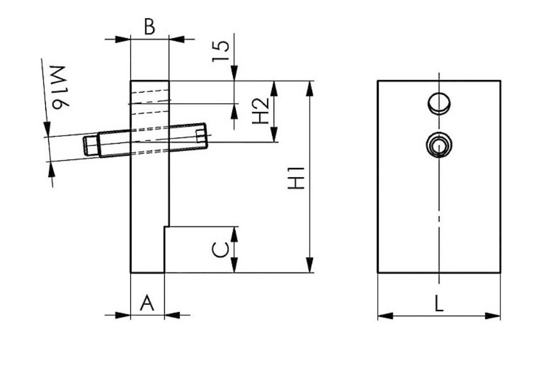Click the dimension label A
pos(147,303)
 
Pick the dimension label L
pos(439,304)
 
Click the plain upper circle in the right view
pos(439,103)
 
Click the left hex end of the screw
pos(91,145)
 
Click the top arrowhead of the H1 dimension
pos(310,87)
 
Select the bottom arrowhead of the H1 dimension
pos(310,266)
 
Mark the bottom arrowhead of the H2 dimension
pos(275,135)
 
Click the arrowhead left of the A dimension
pos(124,315)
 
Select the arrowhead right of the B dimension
pos(176,39)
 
